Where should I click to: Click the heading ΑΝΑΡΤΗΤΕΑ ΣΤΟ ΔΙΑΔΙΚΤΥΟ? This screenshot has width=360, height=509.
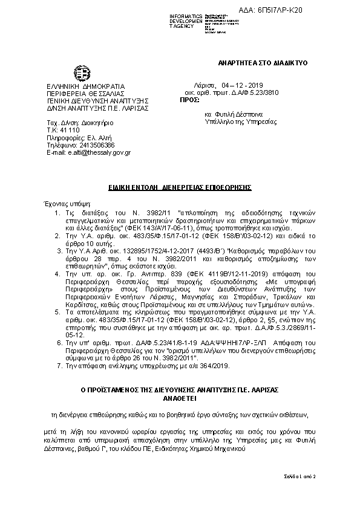(263, 63)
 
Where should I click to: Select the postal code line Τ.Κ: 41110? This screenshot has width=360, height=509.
(62, 130)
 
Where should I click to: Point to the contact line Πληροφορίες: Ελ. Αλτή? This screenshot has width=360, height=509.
(77, 137)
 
